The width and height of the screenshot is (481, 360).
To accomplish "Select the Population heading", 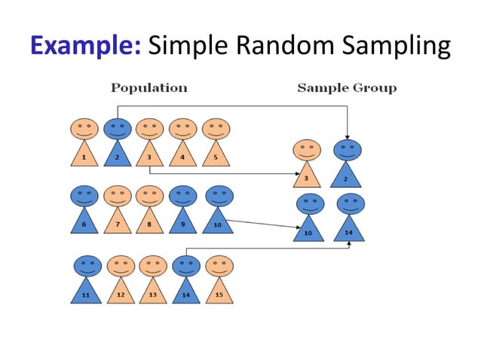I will click(149, 88).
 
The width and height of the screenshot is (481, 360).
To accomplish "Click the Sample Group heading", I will click(347, 88).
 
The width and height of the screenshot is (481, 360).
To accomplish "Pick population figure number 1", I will click(84, 143).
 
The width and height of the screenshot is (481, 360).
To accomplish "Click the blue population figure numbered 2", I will click(117, 143).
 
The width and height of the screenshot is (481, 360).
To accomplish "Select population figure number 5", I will click(216, 143).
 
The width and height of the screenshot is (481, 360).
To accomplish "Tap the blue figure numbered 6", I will click(84, 211).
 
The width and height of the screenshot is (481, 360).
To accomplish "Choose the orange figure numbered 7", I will click(117, 211).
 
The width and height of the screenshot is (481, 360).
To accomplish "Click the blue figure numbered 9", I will click(183, 211).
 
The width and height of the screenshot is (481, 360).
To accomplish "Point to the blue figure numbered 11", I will click(87, 280).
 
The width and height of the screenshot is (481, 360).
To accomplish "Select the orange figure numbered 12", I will click(120, 280).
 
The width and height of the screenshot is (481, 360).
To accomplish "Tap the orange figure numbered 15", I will click(219, 280).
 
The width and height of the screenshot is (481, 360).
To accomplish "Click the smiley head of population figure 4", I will click(182, 129).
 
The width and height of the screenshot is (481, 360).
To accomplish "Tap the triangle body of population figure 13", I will click(152, 291).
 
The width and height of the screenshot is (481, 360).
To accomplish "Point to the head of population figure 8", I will click(150, 196).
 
